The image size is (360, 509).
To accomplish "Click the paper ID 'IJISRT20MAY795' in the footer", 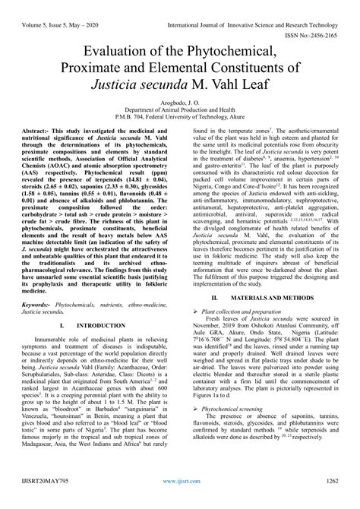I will (34, 502).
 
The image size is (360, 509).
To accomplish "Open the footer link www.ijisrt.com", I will (179, 502).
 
